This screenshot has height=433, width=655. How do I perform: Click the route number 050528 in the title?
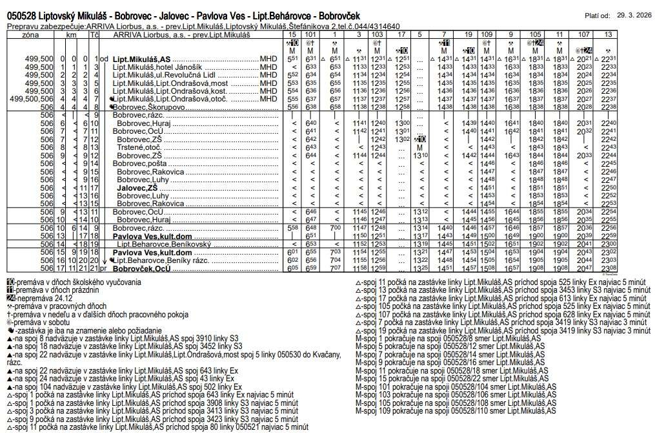click(23, 15)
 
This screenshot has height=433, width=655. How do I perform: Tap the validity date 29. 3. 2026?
click(634, 14)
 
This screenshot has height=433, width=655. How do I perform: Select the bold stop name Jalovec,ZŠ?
click(137, 187)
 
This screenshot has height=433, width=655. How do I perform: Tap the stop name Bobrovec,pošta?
click(140, 164)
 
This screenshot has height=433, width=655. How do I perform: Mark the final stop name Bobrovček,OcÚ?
click(142, 268)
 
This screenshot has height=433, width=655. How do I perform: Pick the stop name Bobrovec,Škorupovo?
click(148, 107)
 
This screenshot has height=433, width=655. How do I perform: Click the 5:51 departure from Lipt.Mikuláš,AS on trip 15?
click(292, 59)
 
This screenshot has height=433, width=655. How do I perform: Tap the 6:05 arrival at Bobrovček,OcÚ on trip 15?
click(292, 268)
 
